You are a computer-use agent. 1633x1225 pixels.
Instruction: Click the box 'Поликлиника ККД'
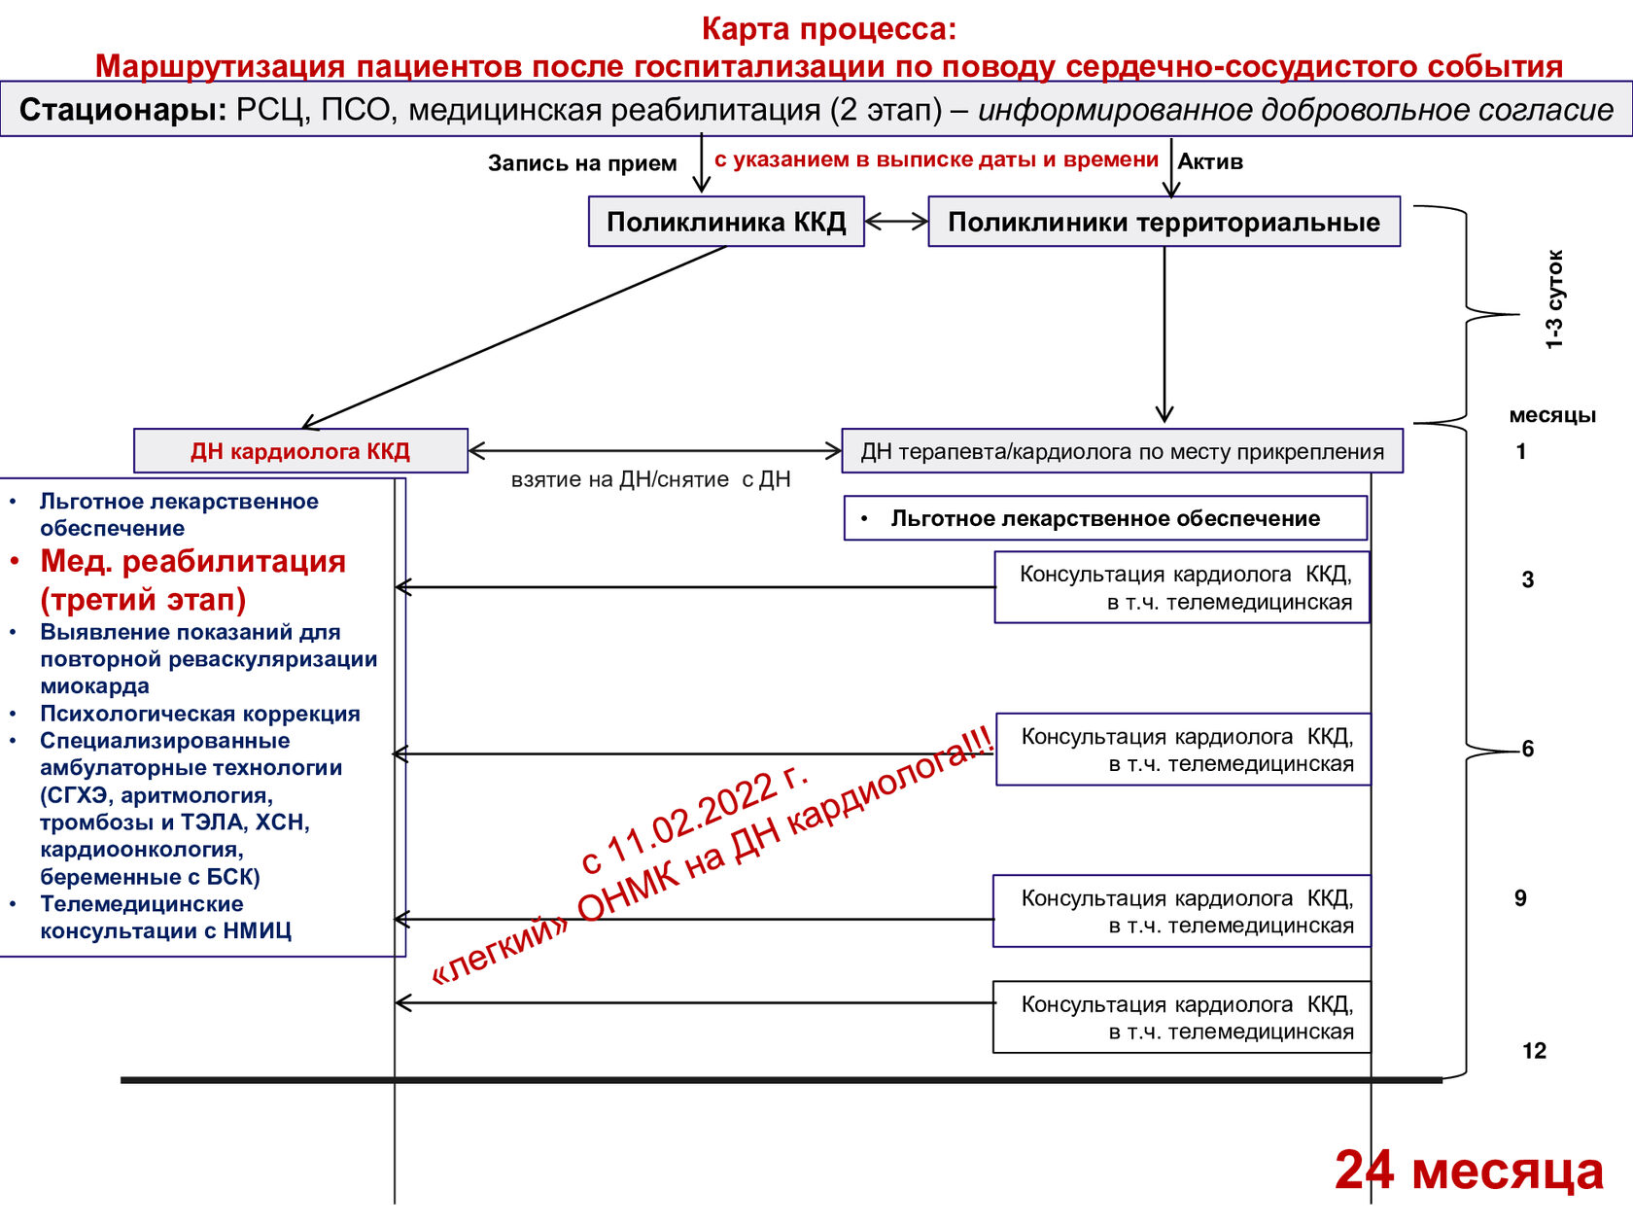(x=726, y=222)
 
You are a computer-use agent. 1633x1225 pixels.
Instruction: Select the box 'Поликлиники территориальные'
(x=1164, y=222)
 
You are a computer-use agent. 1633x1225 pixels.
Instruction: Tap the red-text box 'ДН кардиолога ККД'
(x=300, y=451)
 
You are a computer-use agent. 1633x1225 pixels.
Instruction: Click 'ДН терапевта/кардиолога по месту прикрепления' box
(x=1122, y=451)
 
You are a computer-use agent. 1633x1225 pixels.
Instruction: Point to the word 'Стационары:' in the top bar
(x=122, y=110)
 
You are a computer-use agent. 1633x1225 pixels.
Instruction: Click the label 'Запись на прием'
(x=582, y=163)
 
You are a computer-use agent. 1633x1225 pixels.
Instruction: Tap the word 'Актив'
(x=1210, y=161)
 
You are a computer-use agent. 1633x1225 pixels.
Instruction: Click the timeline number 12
(x=1534, y=1051)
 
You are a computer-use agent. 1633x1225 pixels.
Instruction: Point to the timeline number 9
(x=1520, y=898)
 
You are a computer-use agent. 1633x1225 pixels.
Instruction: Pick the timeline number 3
(x=1527, y=579)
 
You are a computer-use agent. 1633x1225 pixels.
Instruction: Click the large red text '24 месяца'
(x=1470, y=1171)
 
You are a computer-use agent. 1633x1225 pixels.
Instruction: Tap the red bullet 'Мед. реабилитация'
(x=192, y=562)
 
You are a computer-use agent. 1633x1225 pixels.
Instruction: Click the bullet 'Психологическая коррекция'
(x=200, y=714)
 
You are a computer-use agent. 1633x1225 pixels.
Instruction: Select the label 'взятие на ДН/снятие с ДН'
(x=651, y=479)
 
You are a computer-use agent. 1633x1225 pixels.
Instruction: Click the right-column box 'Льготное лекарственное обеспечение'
(x=1105, y=518)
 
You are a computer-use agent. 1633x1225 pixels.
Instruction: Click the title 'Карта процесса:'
(x=829, y=29)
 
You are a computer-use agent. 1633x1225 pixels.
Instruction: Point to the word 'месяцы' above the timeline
(x=1552, y=415)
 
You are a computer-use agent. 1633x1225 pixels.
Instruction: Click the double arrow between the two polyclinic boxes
(x=896, y=221)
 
